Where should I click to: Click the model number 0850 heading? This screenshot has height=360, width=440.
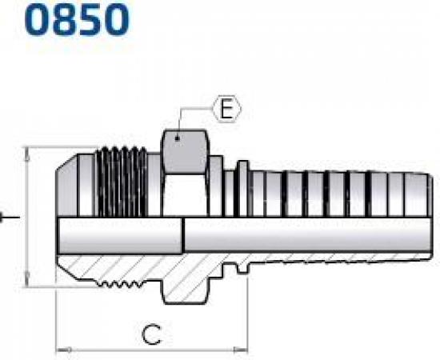tap(65, 19)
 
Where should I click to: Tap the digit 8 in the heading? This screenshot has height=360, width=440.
tap(50, 19)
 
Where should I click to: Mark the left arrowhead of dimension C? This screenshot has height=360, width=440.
tap(62, 350)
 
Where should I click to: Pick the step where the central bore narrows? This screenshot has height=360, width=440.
tap(184, 237)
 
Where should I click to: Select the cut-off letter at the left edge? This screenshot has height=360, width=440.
tap(5, 217)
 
